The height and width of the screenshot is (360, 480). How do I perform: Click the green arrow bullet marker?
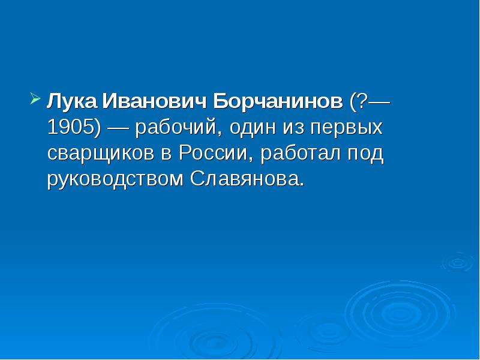pyautogui.click(x=35, y=99)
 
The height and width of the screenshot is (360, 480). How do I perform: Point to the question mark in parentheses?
pyautogui.click(x=362, y=100)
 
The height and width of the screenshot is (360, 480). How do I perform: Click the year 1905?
pyautogui.click(x=71, y=127)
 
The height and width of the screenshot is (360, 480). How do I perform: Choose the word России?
pyautogui.click(x=212, y=152)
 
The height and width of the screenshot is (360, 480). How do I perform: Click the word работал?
pyautogui.click(x=301, y=152)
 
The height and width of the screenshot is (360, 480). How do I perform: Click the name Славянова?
pyautogui.click(x=244, y=178)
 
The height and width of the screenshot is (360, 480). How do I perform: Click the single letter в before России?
pyautogui.click(x=167, y=154)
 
